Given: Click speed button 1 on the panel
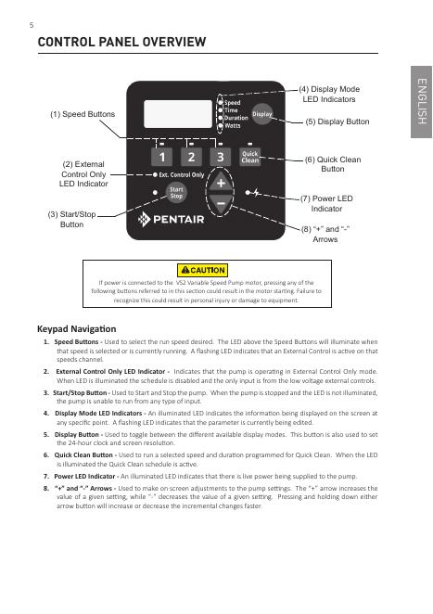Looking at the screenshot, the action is [x=161, y=157].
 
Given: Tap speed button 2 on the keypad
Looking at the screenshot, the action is [x=191, y=157].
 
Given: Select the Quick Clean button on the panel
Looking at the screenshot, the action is [x=249, y=157].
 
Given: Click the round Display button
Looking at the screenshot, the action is [x=261, y=114].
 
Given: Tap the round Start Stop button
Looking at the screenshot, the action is [x=176, y=193].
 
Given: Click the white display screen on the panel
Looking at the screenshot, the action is [x=178, y=114].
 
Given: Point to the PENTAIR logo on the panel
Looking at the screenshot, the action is [x=172, y=219].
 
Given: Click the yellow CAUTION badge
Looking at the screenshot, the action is [x=202, y=270].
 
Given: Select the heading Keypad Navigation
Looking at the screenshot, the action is [x=77, y=329].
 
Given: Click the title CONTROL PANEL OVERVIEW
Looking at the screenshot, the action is [x=121, y=42].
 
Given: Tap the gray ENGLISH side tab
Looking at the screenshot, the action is [x=422, y=102].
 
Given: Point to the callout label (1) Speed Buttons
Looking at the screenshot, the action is [x=83, y=114].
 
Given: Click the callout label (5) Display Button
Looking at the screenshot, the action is [x=337, y=122].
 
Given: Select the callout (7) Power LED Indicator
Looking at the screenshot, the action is [x=326, y=204].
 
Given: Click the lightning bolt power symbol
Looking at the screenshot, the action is [x=256, y=193].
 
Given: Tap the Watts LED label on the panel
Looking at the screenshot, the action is [x=233, y=126].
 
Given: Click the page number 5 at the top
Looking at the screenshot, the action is [x=32, y=25].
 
